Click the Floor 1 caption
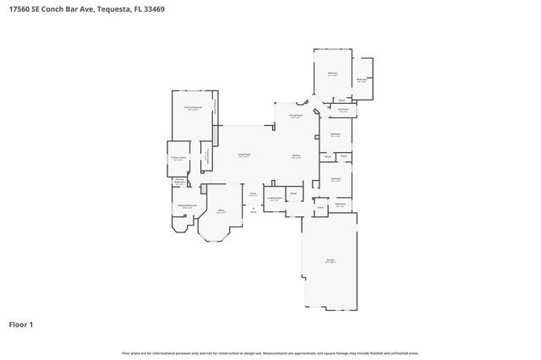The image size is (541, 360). point(21,324)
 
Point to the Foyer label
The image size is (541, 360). point(253,194)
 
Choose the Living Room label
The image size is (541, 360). point(243,155)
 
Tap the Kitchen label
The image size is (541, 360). point(297,155)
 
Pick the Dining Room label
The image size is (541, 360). point(296,115)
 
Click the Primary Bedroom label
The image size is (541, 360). point(193,108)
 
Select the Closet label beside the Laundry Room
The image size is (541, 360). point(293,193)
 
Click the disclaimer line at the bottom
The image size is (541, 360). point(270,352)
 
